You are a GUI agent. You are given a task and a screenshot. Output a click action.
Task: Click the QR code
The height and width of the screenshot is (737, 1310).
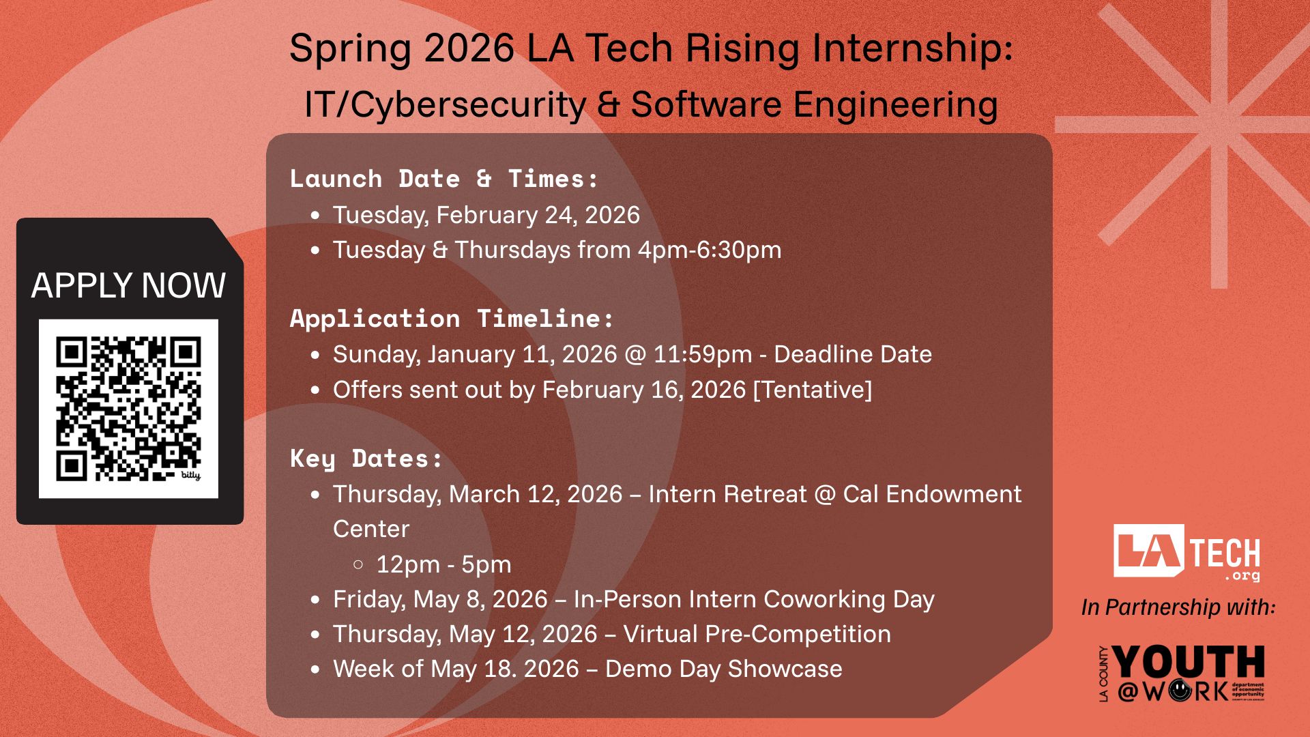coord(128,409)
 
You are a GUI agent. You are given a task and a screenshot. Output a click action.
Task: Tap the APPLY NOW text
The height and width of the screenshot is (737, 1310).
coord(128,285)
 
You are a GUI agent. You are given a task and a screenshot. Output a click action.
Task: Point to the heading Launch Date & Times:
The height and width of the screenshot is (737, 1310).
coord(444,179)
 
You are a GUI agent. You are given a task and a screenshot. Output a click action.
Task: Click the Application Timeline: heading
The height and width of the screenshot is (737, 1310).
coord(452,319)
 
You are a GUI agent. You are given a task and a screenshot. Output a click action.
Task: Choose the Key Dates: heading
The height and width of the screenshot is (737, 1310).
coord(366,459)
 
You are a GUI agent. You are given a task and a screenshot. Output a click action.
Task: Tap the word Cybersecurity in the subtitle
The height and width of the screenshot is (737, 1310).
coord(469,105)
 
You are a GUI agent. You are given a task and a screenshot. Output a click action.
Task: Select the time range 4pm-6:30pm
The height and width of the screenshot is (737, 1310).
coord(710,250)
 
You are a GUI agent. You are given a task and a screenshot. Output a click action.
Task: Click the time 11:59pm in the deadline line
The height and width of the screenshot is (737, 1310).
coord(703,354)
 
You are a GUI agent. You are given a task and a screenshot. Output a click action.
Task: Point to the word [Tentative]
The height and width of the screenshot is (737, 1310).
coord(812,390)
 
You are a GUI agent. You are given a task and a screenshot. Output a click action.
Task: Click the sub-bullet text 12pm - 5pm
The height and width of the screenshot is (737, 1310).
coord(443,564)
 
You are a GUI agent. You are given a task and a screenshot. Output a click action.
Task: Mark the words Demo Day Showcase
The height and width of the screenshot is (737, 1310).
coord(724,669)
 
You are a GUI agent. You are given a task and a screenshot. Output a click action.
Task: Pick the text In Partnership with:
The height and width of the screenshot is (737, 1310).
coord(1178,607)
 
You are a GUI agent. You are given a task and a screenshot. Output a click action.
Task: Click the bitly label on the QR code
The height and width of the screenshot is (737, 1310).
coord(190,475)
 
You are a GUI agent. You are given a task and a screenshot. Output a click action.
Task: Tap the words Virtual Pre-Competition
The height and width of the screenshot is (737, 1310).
coord(757,634)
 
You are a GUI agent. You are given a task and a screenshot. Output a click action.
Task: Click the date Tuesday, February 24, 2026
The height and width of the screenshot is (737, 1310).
coord(486,215)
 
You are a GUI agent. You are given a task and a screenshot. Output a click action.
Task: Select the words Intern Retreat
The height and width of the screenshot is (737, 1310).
coord(727,494)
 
